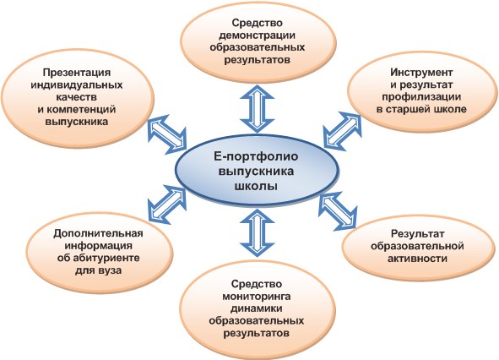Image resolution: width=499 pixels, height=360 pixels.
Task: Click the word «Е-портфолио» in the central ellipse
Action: point(256,156)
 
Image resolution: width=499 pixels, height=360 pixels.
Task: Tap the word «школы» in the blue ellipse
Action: point(256,186)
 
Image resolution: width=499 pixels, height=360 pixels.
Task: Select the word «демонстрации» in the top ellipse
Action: point(257,35)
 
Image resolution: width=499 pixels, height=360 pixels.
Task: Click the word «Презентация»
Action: point(77,73)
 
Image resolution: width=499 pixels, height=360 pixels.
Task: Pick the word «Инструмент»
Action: point(421,73)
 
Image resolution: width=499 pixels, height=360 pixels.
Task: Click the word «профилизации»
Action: point(421,97)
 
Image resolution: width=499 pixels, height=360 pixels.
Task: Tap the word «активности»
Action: point(417,259)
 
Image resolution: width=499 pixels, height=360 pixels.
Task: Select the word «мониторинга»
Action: point(256,297)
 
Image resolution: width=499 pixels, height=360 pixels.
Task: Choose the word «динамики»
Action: point(256,308)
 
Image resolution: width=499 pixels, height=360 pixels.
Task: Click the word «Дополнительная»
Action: point(98,233)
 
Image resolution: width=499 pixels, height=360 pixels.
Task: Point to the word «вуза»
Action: point(109,270)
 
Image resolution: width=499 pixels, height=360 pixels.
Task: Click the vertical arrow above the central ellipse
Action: point(258,109)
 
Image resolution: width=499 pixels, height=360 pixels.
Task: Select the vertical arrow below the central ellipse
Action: point(257,233)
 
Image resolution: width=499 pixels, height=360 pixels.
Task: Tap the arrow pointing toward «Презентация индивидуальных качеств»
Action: point(167,134)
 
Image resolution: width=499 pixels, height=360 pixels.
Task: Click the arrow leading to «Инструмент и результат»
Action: point(343,131)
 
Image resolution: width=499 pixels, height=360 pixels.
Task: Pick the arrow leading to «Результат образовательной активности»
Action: point(338,210)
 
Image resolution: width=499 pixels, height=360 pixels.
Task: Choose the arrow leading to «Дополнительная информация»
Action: point(167,205)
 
